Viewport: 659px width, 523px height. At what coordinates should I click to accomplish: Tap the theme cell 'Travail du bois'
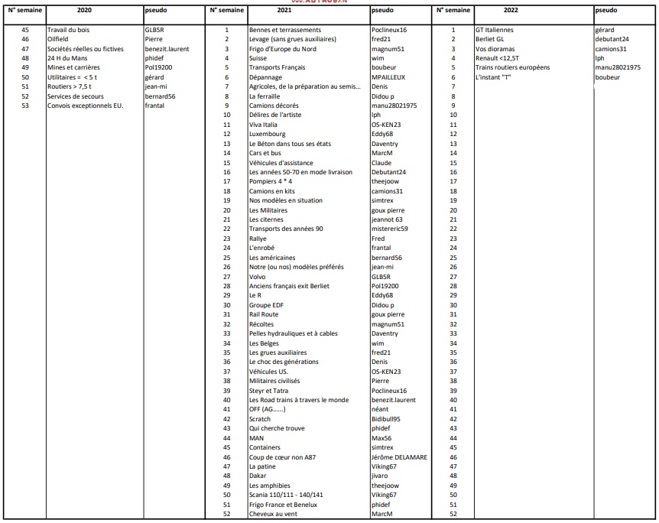pos(68,30)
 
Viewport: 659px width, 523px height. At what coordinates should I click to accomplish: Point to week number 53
pos(25,106)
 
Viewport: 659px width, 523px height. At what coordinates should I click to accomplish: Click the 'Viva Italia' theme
pos(263,125)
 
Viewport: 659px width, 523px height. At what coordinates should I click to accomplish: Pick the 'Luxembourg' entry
pos(267,134)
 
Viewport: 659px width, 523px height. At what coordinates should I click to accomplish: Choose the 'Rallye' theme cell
pos(258,239)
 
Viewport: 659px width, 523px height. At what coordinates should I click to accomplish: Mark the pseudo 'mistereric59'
pos(389,229)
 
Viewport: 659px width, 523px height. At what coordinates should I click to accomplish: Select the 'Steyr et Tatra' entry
pos(268,391)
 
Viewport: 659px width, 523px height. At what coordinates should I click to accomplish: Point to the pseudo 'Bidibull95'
pos(386,419)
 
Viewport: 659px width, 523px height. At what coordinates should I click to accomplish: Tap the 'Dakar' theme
pos(258,476)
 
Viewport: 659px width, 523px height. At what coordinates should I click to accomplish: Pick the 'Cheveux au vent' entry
pos(273,514)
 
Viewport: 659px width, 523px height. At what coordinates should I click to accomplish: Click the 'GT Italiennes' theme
pos(495,30)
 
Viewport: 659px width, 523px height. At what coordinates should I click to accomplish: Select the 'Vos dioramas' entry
pos(495,49)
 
